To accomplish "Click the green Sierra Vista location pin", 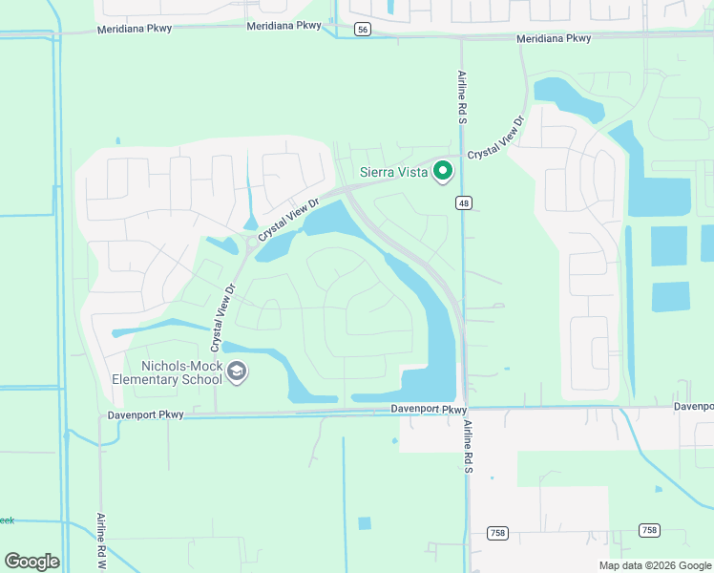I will pos(442,172).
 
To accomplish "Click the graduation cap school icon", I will pos(237,371).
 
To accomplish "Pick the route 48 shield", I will pos(463,202).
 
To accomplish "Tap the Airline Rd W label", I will pos(100,541).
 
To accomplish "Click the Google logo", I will pos(31,562).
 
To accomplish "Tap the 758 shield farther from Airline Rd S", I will pos(648,530).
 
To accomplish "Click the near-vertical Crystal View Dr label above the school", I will pos(222,315).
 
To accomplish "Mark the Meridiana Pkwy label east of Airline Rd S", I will pos(553,39).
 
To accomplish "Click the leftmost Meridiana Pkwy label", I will pos(135,30).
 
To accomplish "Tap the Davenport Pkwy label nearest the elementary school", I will pos(143,414).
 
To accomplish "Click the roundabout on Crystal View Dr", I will pos(252,243).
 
